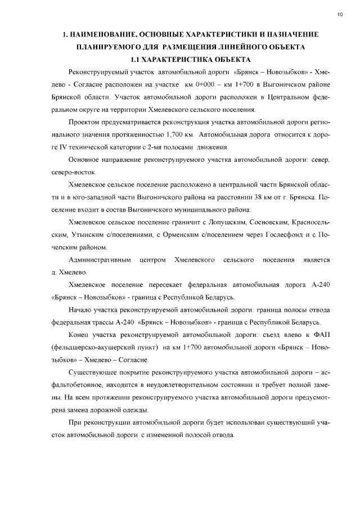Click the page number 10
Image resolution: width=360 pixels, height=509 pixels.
pos(340,13)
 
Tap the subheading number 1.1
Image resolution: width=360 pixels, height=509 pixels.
pos(137,59)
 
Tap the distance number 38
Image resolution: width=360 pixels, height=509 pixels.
pos(258,197)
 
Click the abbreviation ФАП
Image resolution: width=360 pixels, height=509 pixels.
pos(321,335)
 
